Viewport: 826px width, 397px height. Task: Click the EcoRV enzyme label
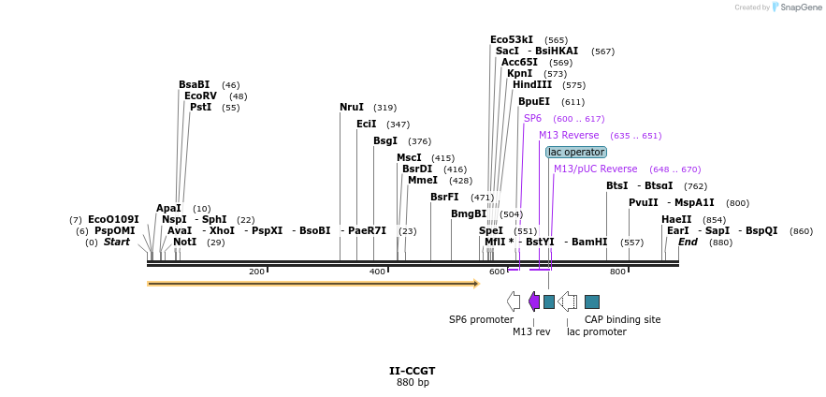point(201,96)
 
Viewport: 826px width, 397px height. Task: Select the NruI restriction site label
point(352,108)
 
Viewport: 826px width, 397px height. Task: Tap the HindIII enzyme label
point(532,85)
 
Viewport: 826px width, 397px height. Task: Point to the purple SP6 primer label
point(532,119)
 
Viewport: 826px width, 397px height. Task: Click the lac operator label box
point(576,152)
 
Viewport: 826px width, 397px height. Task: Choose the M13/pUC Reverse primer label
point(595,169)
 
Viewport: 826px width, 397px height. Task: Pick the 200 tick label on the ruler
point(256,272)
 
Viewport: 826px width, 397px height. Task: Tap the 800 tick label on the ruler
point(617,272)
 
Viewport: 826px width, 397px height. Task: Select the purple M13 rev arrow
point(534,301)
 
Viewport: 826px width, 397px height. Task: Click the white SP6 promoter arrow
point(513,301)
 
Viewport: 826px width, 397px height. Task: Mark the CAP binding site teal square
point(592,301)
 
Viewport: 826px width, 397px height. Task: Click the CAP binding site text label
point(622,320)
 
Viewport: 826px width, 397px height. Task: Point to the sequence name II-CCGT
point(413,371)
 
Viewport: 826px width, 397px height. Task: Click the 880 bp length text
point(413,383)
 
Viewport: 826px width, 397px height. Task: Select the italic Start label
point(117,243)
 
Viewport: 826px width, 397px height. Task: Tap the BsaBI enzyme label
point(195,85)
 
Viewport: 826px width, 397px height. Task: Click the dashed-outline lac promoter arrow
point(567,301)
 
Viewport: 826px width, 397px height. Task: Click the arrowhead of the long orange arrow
point(475,283)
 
